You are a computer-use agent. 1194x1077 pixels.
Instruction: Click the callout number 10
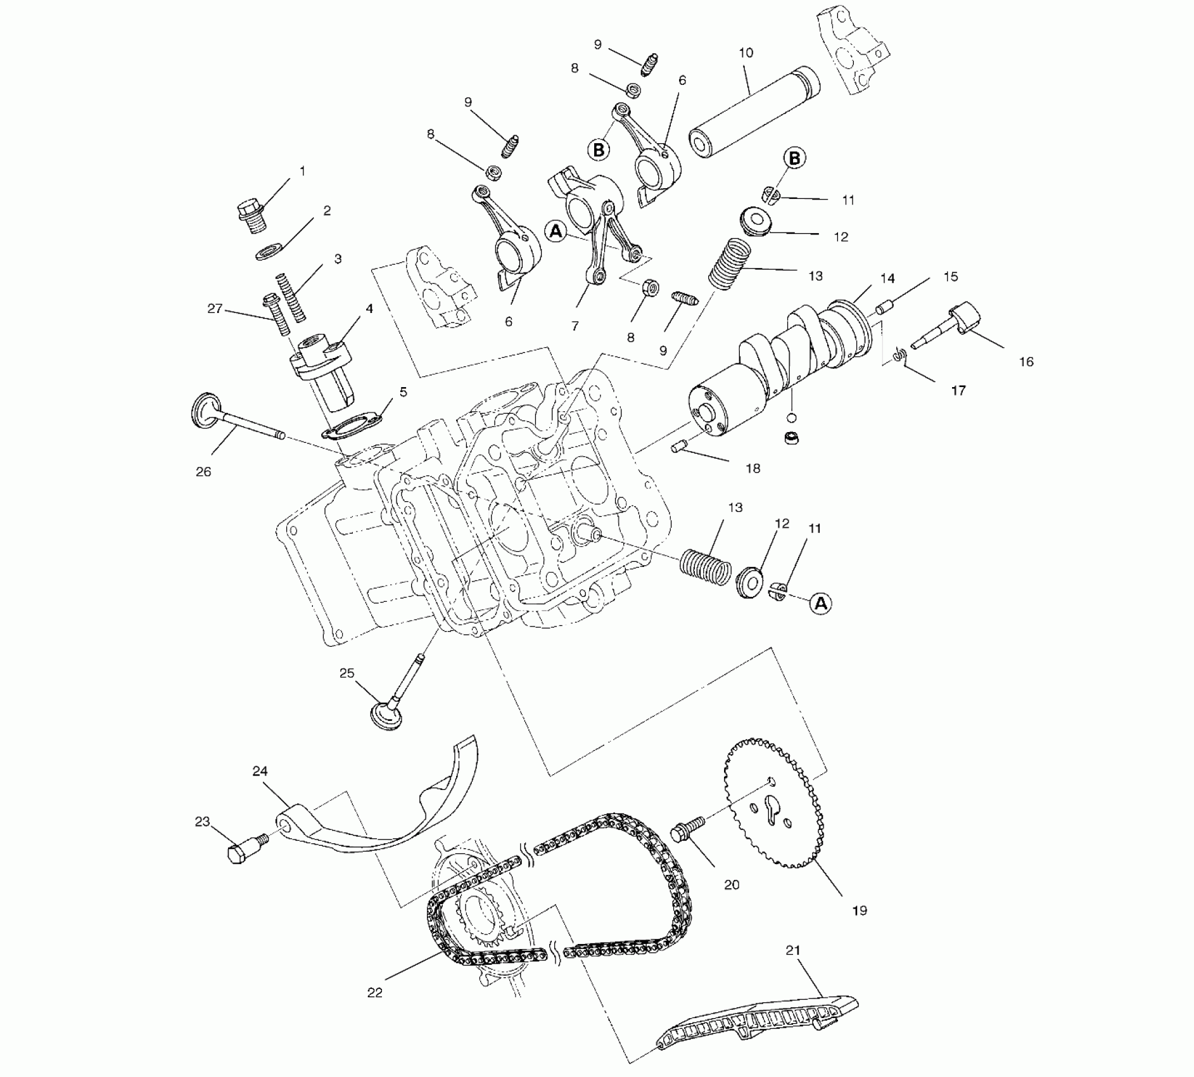click(746, 53)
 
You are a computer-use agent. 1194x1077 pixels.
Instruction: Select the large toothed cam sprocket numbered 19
click(775, 803)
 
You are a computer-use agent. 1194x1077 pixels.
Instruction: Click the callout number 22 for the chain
click(375, 992)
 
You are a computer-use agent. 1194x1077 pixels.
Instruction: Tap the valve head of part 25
click(386, 716)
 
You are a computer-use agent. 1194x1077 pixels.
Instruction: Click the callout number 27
click(215, 309)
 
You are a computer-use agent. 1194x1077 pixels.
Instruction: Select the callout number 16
click(1026, 362)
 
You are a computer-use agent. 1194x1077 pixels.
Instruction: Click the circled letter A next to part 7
click(556, 232)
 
